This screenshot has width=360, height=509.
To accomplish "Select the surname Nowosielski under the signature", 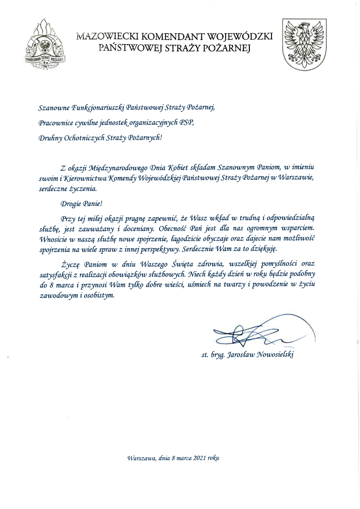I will (x=275, y=355).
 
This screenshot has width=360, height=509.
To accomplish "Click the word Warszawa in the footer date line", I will (x=141, y=458).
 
